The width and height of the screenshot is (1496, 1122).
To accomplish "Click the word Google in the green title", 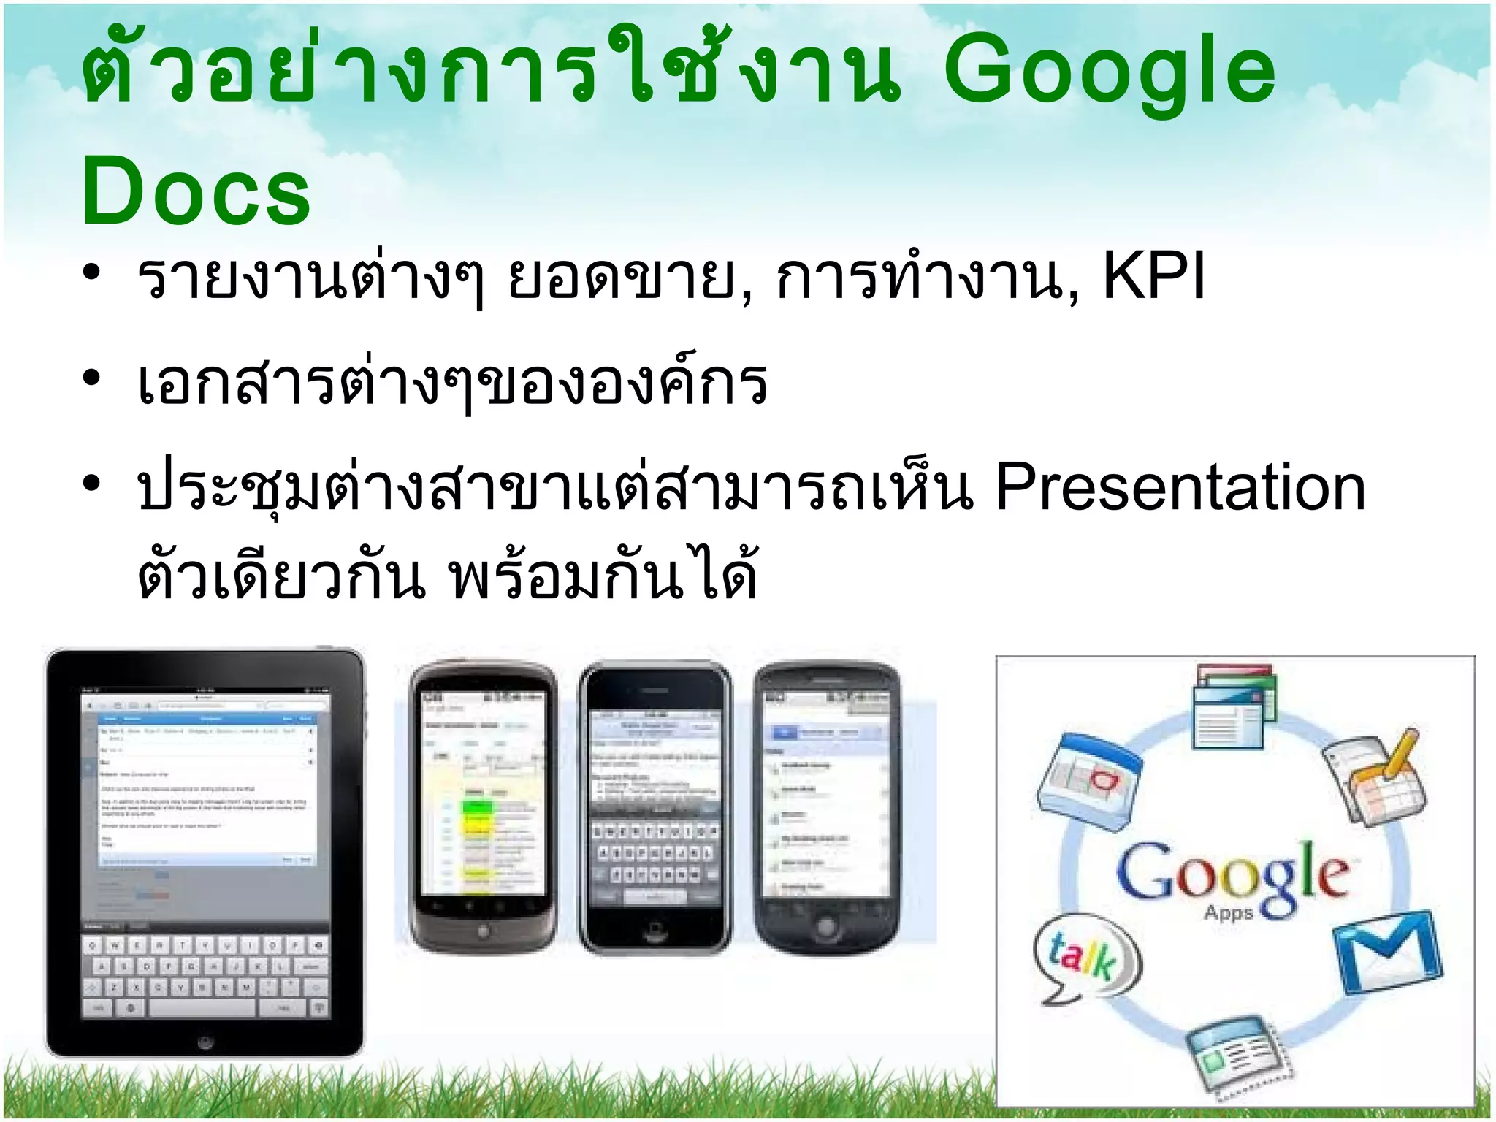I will coord(1109,72).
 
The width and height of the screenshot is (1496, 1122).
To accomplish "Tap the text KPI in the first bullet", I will coord(1153,277).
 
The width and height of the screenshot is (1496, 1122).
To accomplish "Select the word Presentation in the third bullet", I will coord(1180,487).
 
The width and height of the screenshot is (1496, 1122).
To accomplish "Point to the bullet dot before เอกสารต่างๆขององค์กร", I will coord(91,378).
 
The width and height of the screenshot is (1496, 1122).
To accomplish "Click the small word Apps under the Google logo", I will coord(1229,913).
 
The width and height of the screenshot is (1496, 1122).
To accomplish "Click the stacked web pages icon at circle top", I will coord(1234,706).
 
